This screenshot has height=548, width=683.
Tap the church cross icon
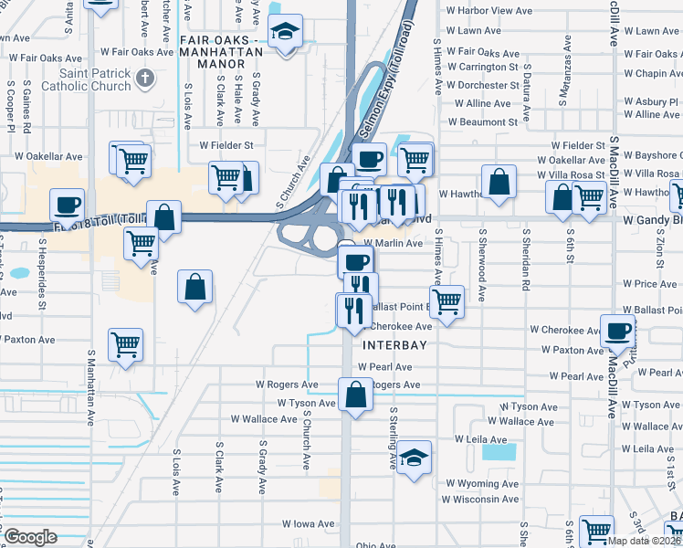pos(142,79)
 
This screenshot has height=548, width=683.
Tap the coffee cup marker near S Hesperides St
pos(67,205)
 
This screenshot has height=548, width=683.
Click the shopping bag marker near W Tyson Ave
pos(355,395)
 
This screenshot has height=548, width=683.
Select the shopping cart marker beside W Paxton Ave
pos(125,344)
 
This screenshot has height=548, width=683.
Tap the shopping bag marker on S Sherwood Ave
pos(499,181)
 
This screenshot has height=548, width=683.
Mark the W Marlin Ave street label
pos(394,244)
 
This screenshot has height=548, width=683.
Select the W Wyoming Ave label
pos(482,483)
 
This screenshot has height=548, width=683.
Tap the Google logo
pos(30,536)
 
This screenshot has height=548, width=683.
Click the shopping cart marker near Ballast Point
pos(447,300)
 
